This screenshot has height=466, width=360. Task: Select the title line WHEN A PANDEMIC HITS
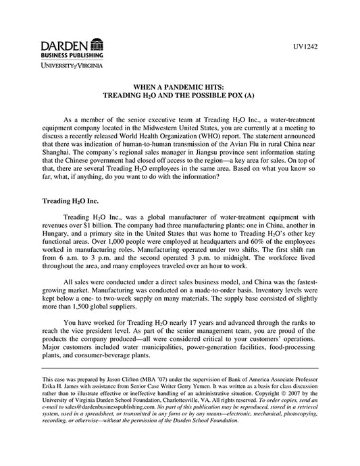180,88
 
